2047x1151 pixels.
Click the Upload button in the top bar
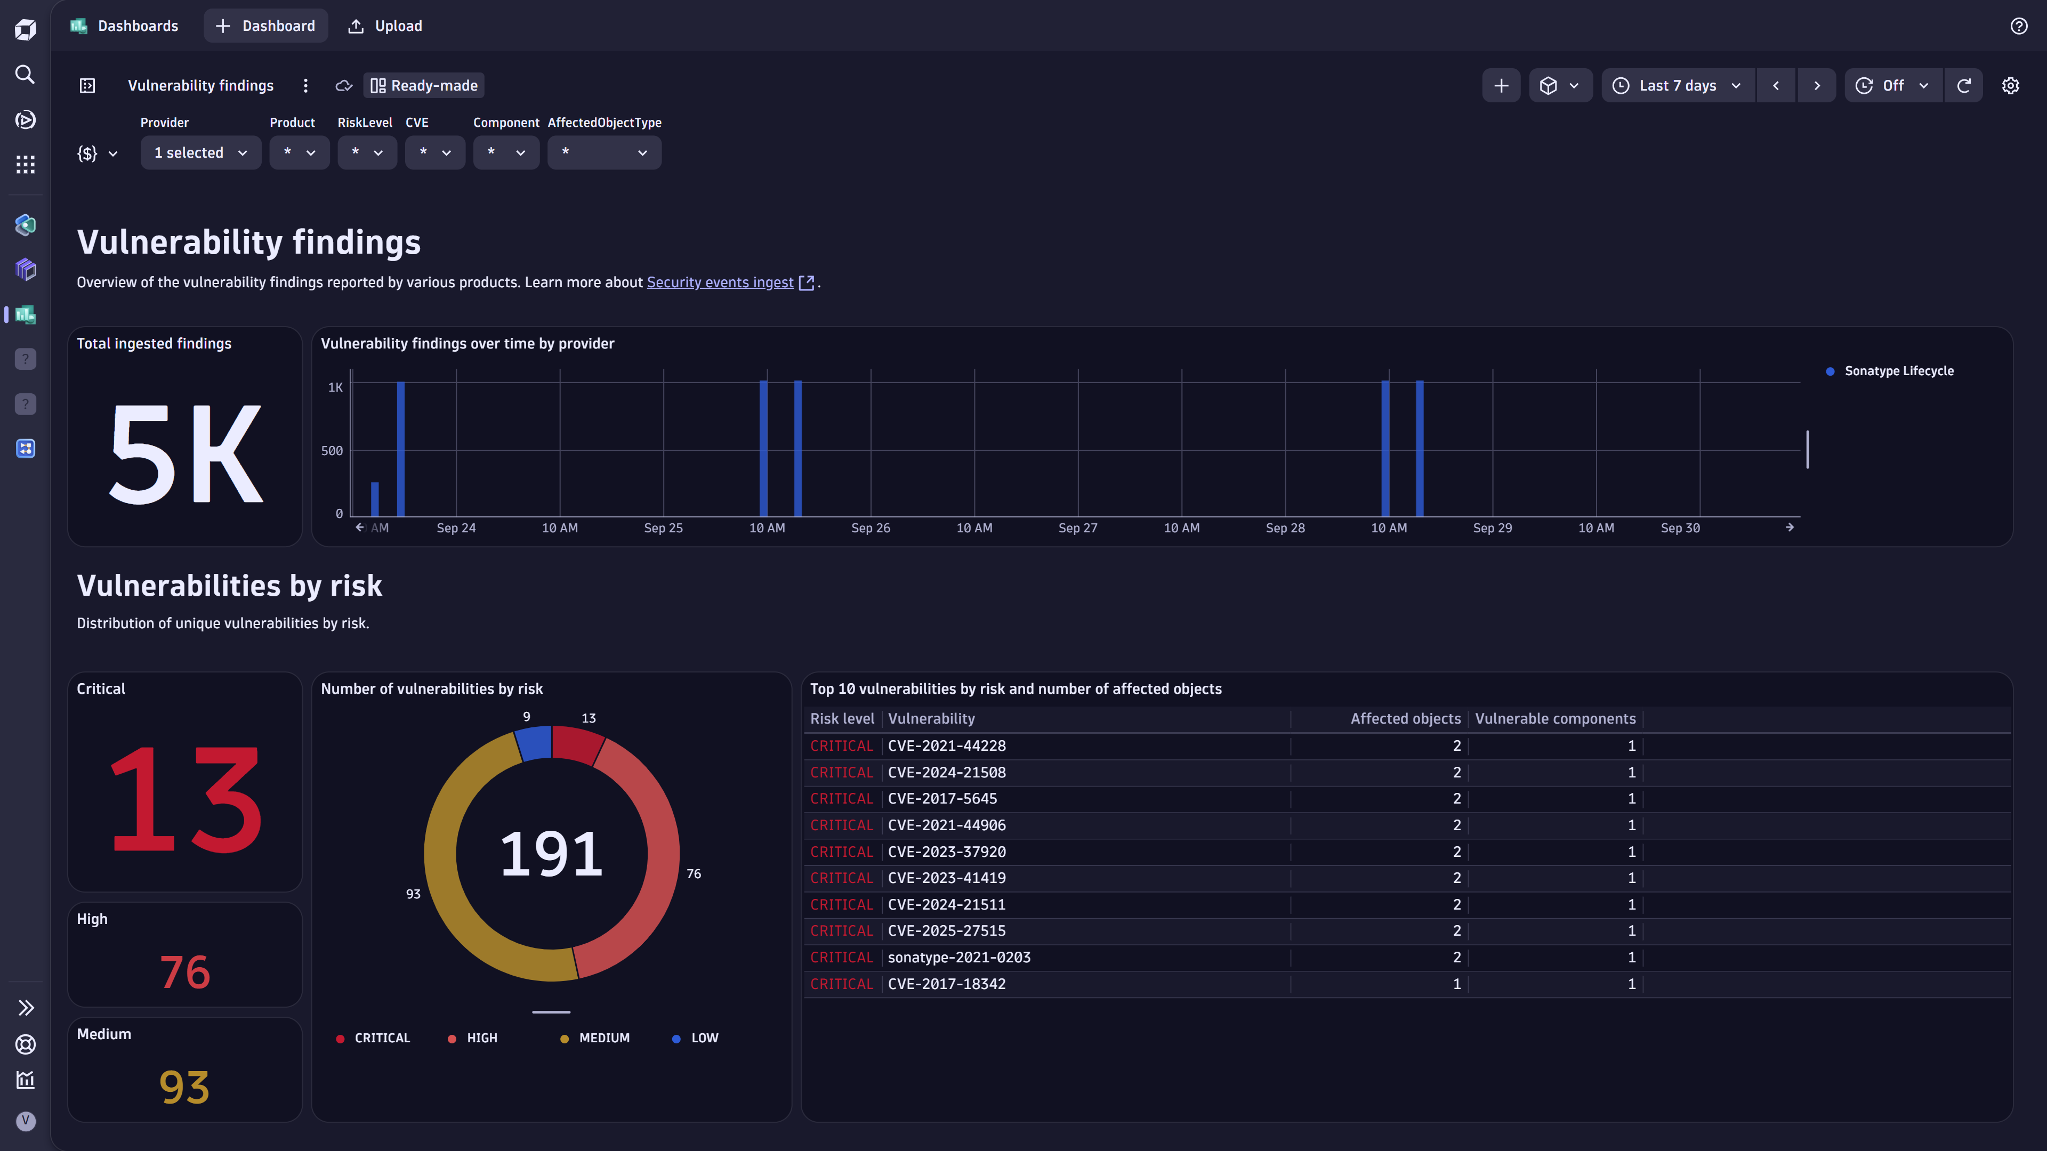[385, 26]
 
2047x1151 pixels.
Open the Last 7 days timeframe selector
[1678, 86]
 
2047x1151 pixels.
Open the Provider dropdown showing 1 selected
[200, 152]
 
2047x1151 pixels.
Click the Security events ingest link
[720, 282]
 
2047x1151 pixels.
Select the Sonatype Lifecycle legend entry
[1898, 371]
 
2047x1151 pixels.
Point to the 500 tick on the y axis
[332, 450]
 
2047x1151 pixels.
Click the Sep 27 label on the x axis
[1077, 528]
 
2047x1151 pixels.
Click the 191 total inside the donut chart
[551, 854]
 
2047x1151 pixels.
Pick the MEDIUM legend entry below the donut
[603, 1038]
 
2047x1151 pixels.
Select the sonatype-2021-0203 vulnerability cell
[958, 957]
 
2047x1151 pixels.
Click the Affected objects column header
[1405, 719]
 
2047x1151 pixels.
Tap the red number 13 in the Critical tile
[185, 799]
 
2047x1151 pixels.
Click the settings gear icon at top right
[2010, 86]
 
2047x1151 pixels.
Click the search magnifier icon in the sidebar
[26, 75]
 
